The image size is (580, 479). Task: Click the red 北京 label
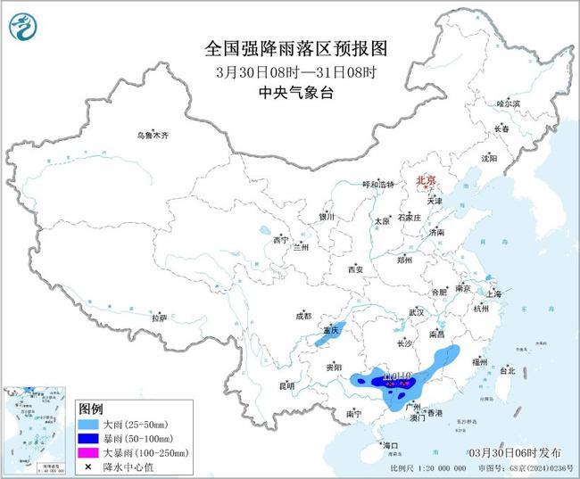tap(426, 181)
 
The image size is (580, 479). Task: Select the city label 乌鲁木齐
tap(152, 135)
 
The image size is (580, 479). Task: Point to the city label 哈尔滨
tap(509, 104)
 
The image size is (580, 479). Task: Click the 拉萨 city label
tap(159, 318)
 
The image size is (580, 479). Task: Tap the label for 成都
tap(303, 316)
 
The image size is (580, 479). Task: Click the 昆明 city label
tap(286, 385)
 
